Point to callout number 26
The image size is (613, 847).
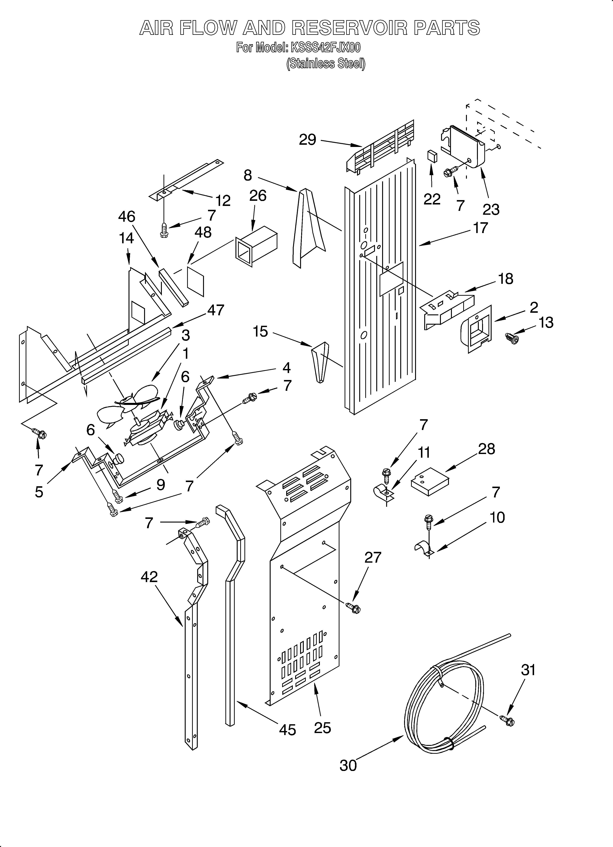258,196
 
